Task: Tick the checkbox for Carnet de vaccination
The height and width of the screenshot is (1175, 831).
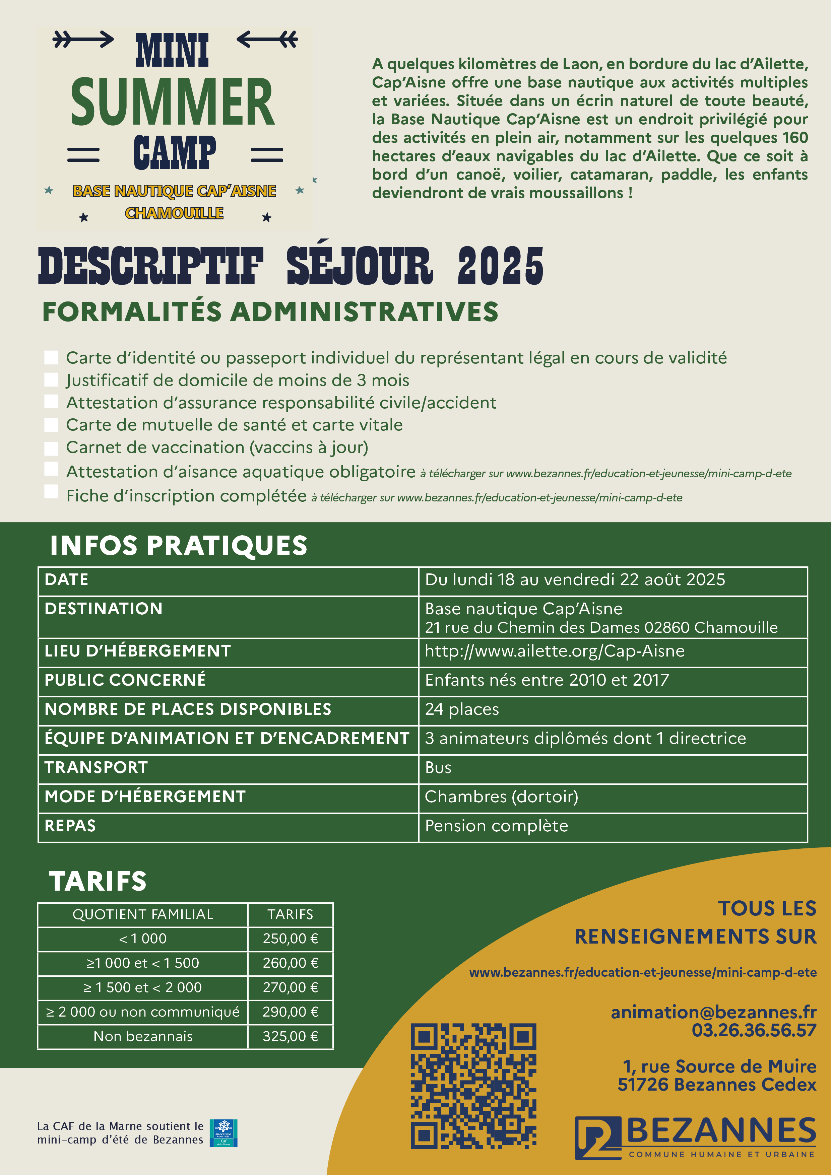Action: coord(51,448)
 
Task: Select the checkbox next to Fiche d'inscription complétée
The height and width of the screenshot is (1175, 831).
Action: coord(51,491)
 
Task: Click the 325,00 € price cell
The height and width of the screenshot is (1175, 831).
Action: coord(290,1036)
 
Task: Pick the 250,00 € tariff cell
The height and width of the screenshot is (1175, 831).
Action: coord(290,939)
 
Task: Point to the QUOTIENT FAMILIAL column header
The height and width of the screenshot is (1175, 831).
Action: coord(143,914)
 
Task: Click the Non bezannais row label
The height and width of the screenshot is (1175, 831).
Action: coord(143,1036)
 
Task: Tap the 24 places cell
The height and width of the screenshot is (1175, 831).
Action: coord(462,709)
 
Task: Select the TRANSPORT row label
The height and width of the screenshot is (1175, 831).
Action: coord(96,768)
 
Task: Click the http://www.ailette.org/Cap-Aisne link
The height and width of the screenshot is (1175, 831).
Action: coord(555,651)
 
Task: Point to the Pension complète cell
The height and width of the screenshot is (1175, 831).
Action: coord(496,826)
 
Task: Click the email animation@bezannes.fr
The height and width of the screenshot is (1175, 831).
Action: coord(713,1012)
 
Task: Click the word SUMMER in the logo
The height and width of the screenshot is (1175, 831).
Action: coord(173,102)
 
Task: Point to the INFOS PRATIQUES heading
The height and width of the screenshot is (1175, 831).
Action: coord(179,546)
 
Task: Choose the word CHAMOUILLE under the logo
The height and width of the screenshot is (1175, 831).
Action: coord(174,213)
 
